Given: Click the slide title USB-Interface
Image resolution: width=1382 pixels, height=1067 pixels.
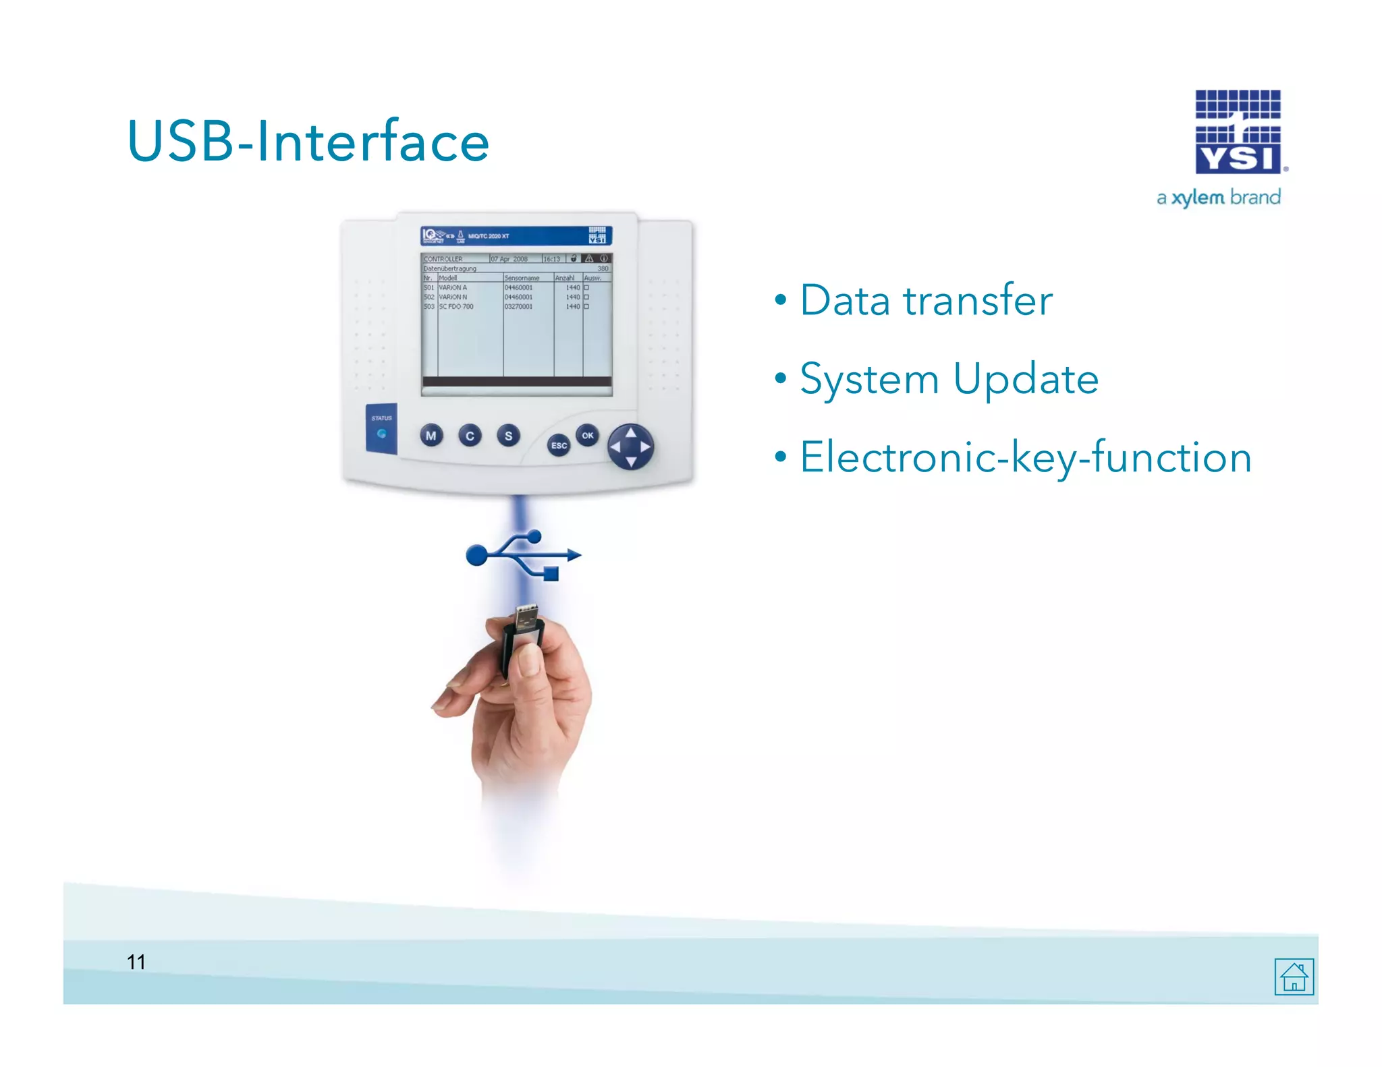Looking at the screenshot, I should click(x=308, y=142).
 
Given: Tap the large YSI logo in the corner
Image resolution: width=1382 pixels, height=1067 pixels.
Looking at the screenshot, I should click(x=1238, y=133).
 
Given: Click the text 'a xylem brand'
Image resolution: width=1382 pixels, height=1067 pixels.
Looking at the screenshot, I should click(x=1218, y=198).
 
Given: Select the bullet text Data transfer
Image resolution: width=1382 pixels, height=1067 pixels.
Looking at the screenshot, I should click(x=925, y=300).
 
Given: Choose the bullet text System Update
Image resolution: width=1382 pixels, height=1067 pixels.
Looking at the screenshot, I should click(x=948, y=378).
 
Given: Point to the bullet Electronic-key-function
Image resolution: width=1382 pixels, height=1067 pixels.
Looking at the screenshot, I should click(x=1025, y=457).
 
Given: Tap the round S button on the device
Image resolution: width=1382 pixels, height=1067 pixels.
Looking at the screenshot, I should click(x=508, y=436).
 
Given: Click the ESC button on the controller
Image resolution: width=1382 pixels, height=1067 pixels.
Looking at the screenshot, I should click(x=559, y=445).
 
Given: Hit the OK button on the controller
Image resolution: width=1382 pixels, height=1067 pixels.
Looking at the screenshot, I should click(x=588, y=435).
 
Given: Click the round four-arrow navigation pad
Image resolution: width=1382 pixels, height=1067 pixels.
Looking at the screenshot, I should click(x=630, y=446).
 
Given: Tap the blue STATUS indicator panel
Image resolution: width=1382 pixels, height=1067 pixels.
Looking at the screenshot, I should click(x=381, y=428).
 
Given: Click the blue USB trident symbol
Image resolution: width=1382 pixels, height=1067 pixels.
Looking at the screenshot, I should click(x=523, y=555).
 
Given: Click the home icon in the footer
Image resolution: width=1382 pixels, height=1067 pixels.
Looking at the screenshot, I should click(x=1294, y=976).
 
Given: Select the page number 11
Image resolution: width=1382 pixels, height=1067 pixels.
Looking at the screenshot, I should click(x=136, y=962).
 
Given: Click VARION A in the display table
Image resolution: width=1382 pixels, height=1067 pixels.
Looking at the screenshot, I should click(x=453, y=287).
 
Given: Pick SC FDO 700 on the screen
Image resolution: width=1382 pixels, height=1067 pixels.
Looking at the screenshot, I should click(x=456, y=306).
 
